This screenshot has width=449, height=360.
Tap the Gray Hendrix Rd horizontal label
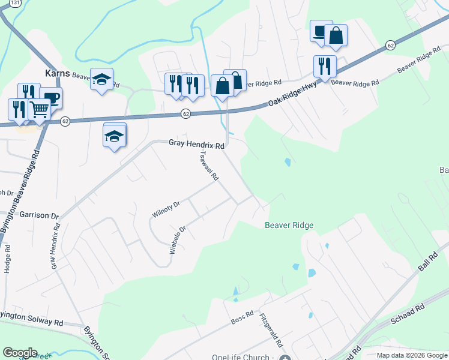click(196, 145)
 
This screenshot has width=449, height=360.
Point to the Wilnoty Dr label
click(166, 211)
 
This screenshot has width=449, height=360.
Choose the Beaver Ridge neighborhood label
click(289, 226)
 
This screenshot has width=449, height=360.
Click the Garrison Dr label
click(39, 215)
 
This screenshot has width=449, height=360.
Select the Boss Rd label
click(242, 319)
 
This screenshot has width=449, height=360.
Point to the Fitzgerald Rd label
click(271, 331)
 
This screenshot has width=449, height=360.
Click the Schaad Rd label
click(408, 314)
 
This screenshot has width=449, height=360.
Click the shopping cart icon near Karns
click(39, 109)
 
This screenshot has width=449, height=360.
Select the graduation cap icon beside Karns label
click(102, 79)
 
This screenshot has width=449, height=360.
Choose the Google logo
click(20, 353)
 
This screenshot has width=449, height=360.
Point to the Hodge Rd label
click(7, 259)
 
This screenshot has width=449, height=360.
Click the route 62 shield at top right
click(390, 46)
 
